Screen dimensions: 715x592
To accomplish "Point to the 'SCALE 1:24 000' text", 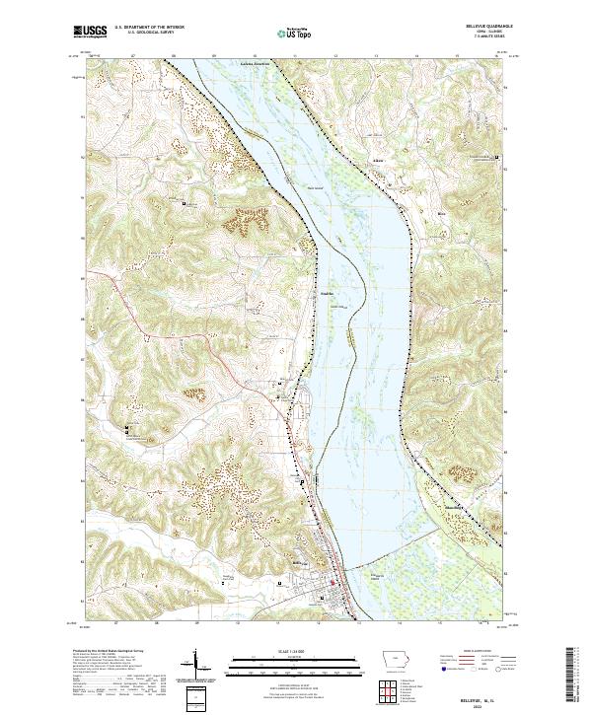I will (x=295, y=652).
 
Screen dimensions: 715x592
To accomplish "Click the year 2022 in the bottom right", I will (x=479, y=704).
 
